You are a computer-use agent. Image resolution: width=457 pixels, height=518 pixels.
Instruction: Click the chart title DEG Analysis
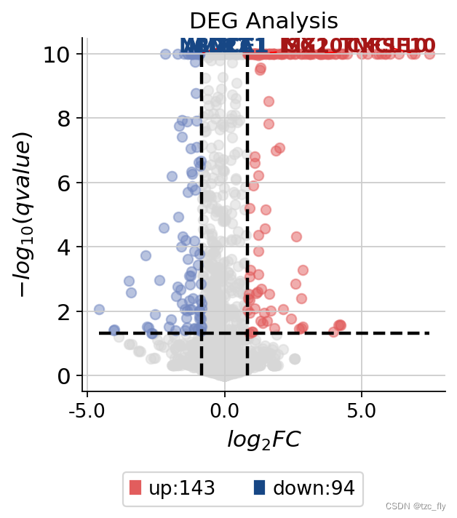(x=263, y=20)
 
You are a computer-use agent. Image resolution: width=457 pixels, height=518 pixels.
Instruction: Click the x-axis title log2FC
(x=263, y=440)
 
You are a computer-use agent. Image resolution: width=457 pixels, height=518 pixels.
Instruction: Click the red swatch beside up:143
(x=135, y=487)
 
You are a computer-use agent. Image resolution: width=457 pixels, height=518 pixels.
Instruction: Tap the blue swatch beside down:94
(x=259, y=487)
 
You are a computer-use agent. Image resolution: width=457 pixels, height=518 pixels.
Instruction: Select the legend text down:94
(x=313, y=488)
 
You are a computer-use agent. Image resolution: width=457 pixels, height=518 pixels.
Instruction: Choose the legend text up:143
(x=181, y=488)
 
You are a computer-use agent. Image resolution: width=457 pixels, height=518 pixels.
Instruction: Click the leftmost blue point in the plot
(x=99, y=309)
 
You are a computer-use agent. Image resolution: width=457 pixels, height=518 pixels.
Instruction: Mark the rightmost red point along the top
(x=429, y=54)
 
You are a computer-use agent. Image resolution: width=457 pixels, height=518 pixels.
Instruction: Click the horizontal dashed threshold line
(x=327, y=333)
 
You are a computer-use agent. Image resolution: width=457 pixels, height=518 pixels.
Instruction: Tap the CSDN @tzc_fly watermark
(x=416, y=506)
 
